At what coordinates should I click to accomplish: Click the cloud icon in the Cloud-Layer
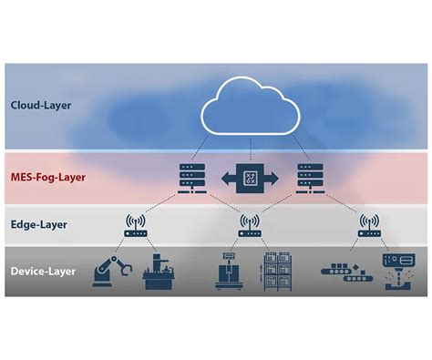[x=244, y=108]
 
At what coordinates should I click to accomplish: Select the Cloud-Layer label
[x=41, y=105]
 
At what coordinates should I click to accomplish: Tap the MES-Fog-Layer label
[x=48, y=178]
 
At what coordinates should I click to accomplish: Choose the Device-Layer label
[x=43, y=271]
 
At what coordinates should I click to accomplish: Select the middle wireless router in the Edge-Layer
[x=244, y=225]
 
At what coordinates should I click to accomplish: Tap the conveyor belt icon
[x=344, y=272]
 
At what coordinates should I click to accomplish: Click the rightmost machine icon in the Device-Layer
[x=396, y=271]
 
